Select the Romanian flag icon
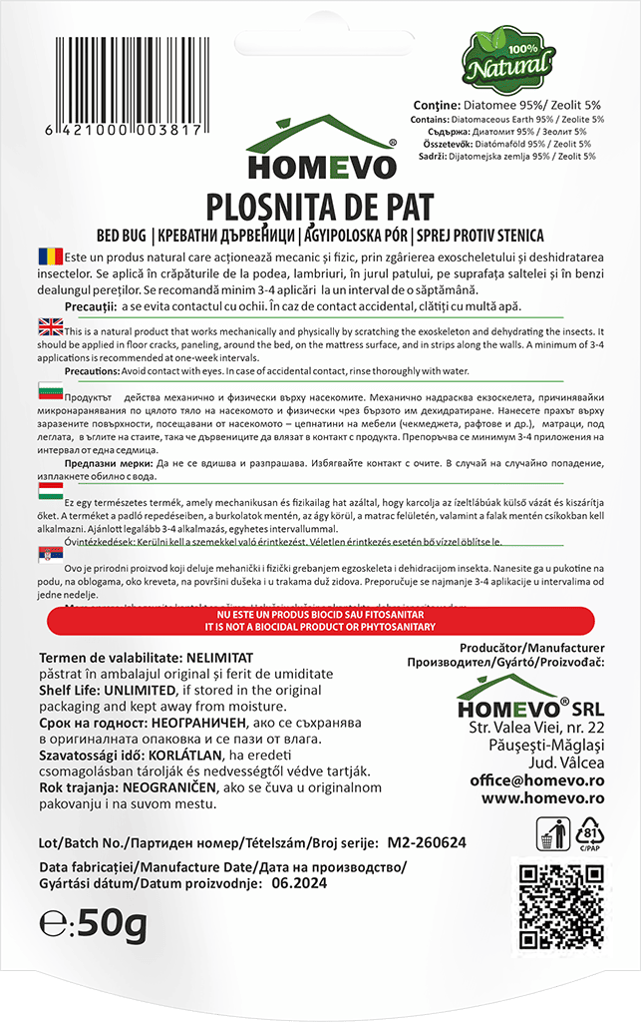pos(49,255)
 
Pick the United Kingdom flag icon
pos(49,327)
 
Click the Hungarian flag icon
pos(49,491)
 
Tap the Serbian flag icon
pos(49,554)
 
